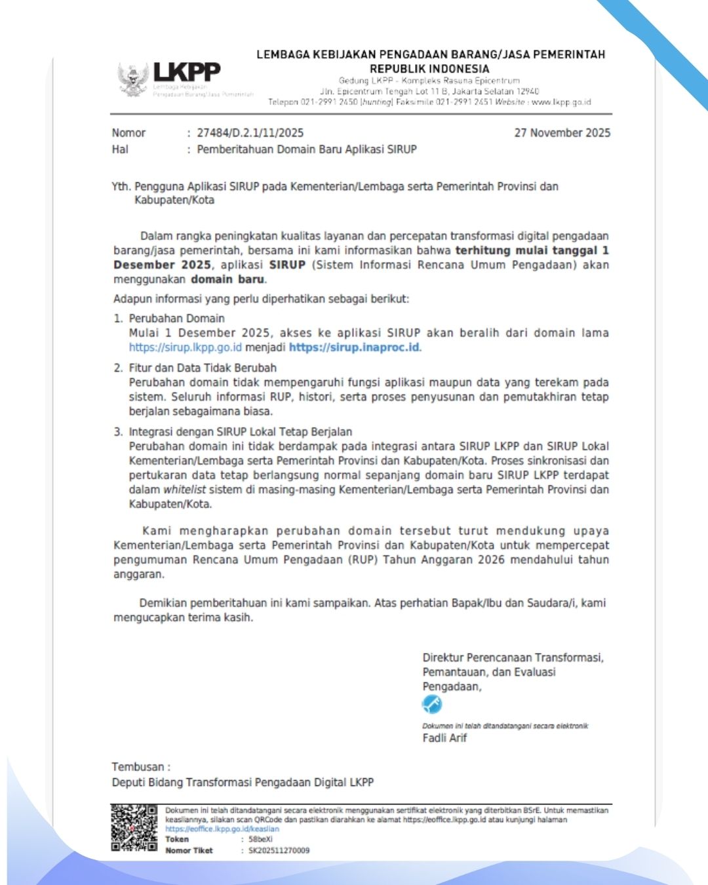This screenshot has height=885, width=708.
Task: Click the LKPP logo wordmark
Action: [187, 71]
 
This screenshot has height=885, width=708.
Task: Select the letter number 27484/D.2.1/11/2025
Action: [250, 133]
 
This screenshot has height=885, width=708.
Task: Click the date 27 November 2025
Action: [562, 133]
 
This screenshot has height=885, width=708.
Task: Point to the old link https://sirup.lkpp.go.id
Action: [185, 347]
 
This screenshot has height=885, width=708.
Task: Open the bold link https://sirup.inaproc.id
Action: [354, 347]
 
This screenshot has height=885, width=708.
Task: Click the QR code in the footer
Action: [134, 828]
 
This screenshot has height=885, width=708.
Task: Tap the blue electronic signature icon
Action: [432, 705]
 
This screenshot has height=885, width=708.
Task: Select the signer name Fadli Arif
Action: [444, 738]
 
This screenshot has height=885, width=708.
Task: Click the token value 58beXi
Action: [260, 839]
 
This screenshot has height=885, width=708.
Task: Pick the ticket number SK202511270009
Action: [279, 850]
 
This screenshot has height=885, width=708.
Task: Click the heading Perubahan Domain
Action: [176, 319]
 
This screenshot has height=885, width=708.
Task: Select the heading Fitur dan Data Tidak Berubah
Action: [203, 368]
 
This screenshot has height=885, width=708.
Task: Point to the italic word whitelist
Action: [184, 490]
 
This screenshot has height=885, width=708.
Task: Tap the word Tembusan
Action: [138, 767]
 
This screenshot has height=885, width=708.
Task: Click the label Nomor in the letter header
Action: [128, 133]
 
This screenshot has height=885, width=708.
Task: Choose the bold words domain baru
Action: [227, 279]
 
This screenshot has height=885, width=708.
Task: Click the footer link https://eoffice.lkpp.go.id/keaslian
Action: [222, 829]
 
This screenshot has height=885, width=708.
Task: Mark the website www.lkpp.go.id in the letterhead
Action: [561, 102]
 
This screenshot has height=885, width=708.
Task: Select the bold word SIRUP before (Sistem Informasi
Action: [287, 265]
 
